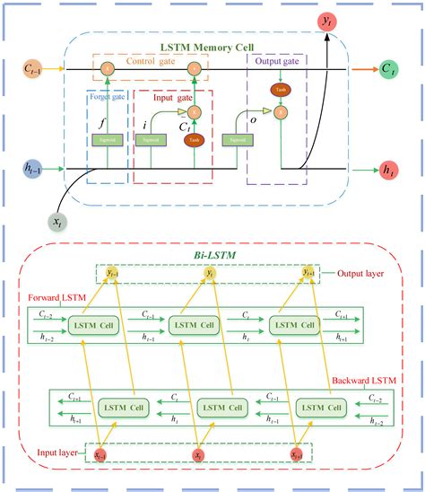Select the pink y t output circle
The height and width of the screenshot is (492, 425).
click(327, 20)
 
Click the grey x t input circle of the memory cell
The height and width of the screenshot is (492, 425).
click(55, 219)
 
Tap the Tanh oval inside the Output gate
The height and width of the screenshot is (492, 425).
click(282, 90)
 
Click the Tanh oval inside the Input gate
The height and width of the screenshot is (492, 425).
click(193, 140)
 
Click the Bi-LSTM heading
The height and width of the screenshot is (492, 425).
click(212, 255)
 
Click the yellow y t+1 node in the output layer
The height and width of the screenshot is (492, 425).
click(308, 272)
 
